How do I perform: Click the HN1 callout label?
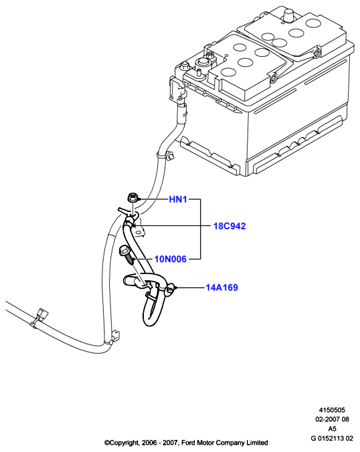178,199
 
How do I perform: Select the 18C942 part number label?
230,226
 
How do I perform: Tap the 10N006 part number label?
171,259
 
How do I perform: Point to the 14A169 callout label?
221,288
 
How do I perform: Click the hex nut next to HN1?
132,198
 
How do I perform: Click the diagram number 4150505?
332,410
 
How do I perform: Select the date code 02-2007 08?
332,419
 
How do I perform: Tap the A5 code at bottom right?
332,429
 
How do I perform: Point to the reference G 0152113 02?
332,439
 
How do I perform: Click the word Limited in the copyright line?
257,443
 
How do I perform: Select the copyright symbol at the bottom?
107,443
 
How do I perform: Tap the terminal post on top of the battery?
289,15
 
